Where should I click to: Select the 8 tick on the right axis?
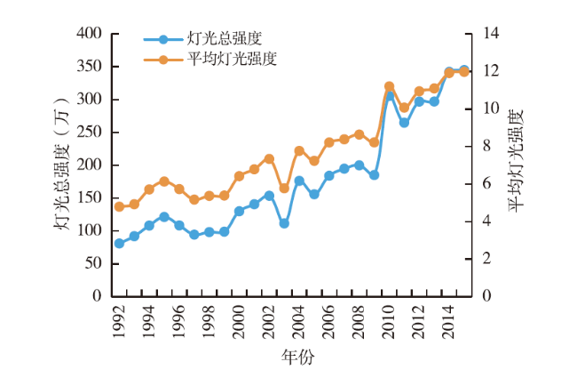click(x=486, y=146)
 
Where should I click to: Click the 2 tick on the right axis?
click(x=486, y=259)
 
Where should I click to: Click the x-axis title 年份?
click(x=297, y=358)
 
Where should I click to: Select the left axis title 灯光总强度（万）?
click(x=63, y=165)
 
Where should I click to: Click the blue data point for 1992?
click(x=119, y=244)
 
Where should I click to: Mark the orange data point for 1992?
click(x=119, y=206)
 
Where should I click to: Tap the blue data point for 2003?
click(x=284, y=223)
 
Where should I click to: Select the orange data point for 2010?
click(x=389, y=86)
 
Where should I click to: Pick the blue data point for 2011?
click(x=404, y=122)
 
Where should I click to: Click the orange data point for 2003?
click(x=284, y=189)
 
